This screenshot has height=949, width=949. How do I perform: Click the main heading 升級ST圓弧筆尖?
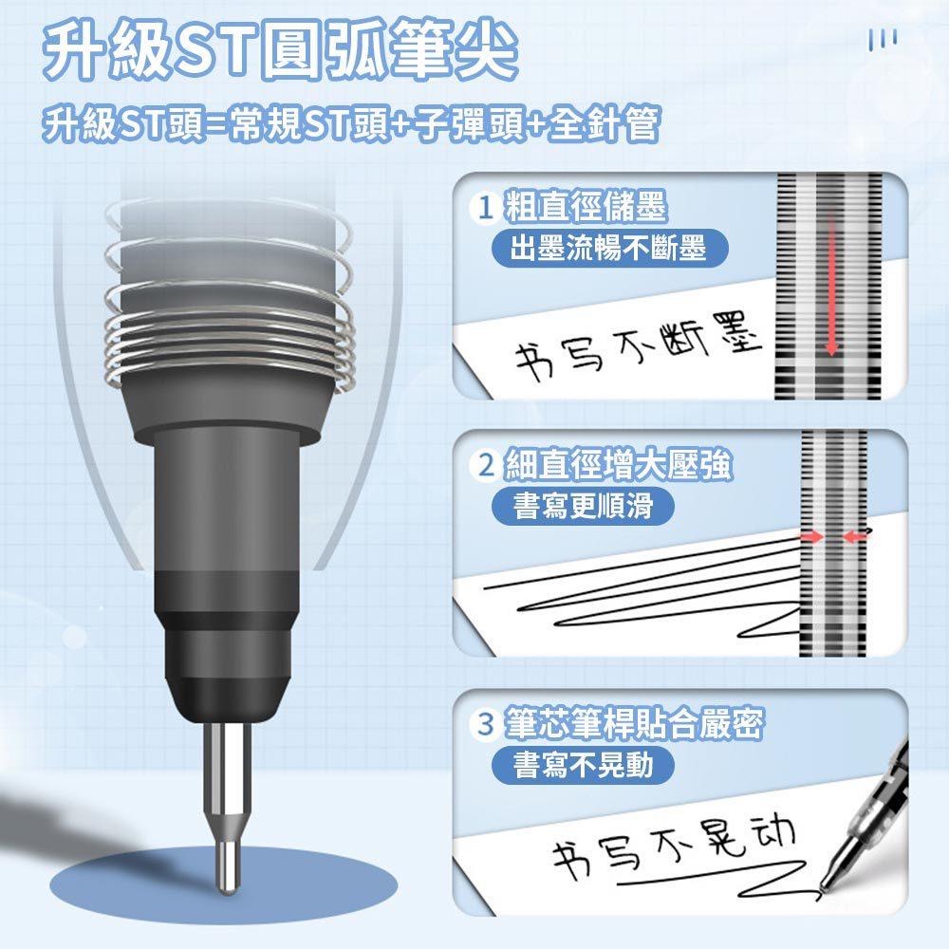point(281,51)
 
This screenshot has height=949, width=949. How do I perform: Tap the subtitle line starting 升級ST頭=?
point(350,124)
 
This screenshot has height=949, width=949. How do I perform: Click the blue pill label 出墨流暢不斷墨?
point(608,250)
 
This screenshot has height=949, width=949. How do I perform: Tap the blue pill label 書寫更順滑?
point(583,507)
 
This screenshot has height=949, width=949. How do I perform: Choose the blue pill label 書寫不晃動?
point(583,765)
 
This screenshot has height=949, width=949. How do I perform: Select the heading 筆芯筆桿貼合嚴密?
point(633,726)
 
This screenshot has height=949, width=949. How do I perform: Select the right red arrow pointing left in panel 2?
point(855,537)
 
